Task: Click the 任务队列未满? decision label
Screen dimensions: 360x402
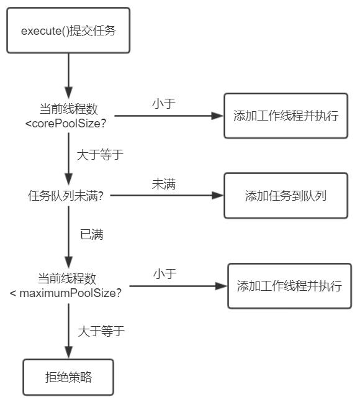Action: pyautogui.click(x=66, y=196)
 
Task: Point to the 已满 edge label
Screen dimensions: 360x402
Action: pyautogui.click(x=92, y=234)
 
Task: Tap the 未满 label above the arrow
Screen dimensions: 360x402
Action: pyautogui.click(x=164, y=184)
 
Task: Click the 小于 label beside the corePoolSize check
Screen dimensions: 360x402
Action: pyautogui.click(x=164, y=103)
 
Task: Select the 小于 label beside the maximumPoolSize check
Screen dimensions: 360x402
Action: pyautogui.click(x=165, y=273)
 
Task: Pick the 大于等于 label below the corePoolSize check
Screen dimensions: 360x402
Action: pyautogui.click(x=100, y=155)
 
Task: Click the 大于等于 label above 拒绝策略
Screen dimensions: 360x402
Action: pyautogui.click(x=101, y=331)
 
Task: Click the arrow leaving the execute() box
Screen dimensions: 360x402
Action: pyautogui.click(x=68, y=76)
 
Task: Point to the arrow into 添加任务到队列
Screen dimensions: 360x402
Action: pyautogui.click(x=167, y=195)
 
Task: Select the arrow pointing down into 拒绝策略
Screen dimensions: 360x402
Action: pyautogui.click(x=68, y=331)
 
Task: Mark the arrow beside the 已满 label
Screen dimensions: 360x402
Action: pyautogui.click(x=68, y=237)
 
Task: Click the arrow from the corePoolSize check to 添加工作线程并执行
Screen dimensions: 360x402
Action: pyautogui.click(x=169, y=116)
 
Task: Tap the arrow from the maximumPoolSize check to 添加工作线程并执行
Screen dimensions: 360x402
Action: pyautogui.click(x=179, y=286)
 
